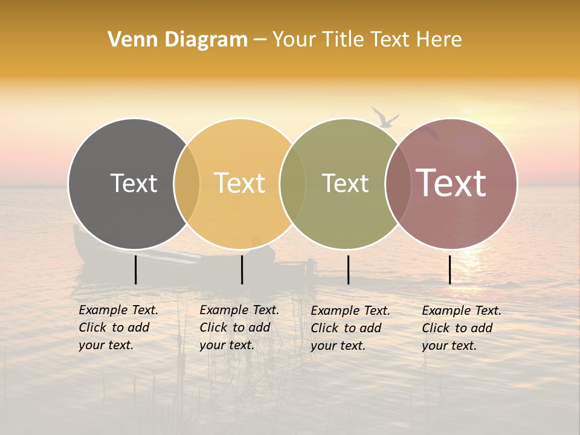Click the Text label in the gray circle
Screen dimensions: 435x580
point(134,183)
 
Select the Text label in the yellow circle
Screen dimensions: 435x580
point(239,183)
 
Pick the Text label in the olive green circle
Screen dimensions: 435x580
point(345,183)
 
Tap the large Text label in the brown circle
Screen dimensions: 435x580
point(451,183)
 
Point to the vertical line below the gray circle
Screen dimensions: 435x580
point(135,269)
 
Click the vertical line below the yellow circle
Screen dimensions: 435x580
point(242,269)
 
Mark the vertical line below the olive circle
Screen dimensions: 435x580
point(348,269)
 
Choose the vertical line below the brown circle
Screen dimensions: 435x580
point(450,269)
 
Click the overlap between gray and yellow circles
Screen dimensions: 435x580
point(187,184)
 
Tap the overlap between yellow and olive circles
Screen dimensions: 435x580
point(292,184)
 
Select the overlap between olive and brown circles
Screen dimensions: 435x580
point(398,184)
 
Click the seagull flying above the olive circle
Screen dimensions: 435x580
point(384,117)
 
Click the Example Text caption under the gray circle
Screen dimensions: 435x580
point(118,327)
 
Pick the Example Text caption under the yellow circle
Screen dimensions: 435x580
point(239,327)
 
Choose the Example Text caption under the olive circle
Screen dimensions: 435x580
point(350,328)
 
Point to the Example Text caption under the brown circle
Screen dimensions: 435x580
point(461,328)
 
